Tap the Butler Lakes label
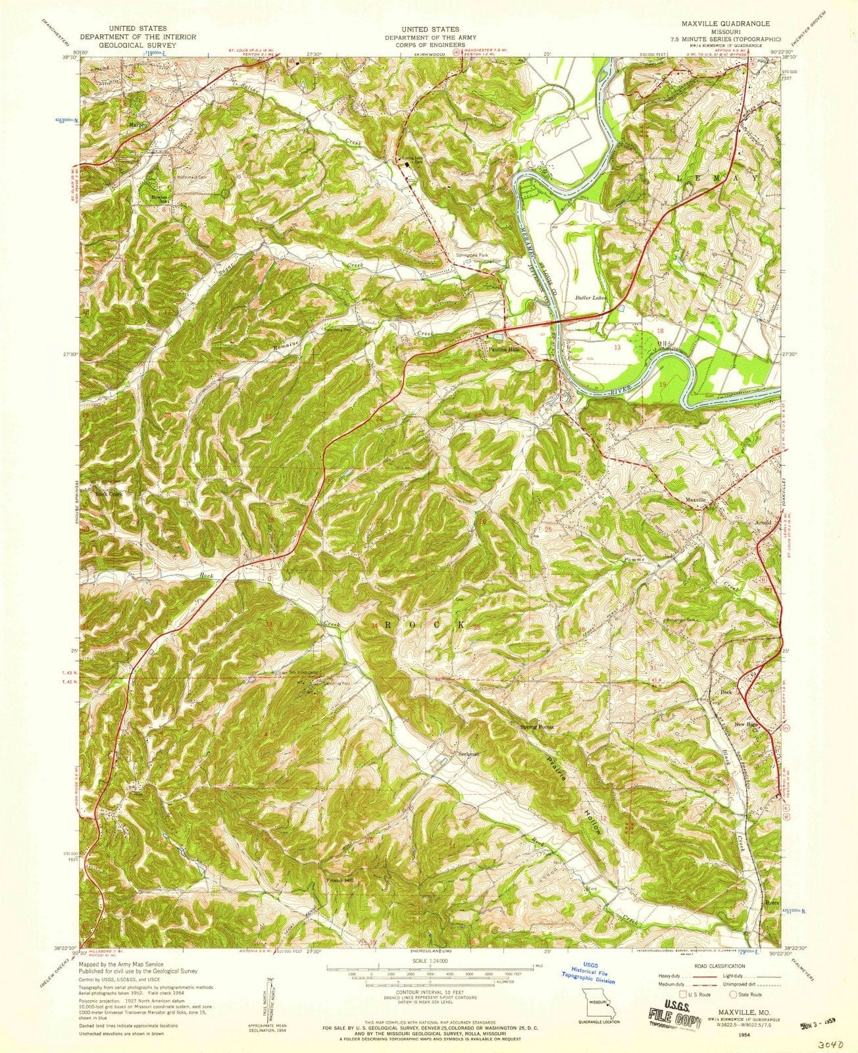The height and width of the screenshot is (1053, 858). tap(591, 297)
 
